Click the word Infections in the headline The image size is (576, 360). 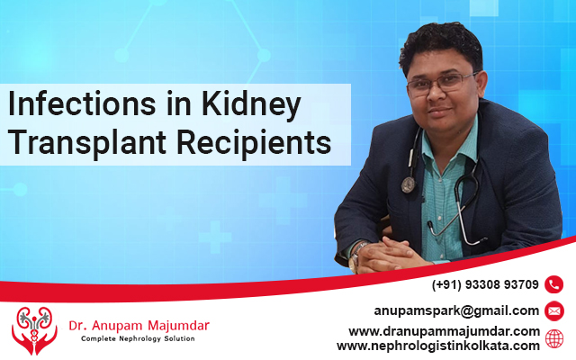coord(82,104)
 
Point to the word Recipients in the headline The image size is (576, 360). coord(254,143)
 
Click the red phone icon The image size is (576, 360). coord(554,284)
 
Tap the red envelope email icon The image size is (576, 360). coord(554,310)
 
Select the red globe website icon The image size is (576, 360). coord(554,338)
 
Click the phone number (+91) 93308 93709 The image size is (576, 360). coord(485,284)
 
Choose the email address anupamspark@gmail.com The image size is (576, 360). coord(456,311)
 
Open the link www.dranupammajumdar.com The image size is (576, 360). coord(444,331)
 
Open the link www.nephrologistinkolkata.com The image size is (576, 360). coord(438,346)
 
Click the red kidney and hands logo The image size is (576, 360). coord(34,330)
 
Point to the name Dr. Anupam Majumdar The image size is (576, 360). coord(139,326)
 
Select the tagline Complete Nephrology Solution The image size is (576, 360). coord(138,338)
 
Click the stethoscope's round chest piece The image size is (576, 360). coord(408,184)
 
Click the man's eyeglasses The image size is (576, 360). coord(441,83)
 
